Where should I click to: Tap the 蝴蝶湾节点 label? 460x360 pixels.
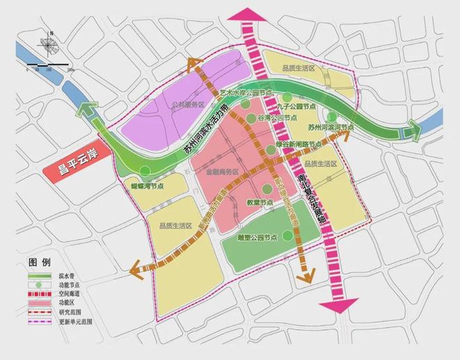pyautogui.click(x=148, y=186)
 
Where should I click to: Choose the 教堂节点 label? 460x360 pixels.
pyautogui.click(x=259, y=202)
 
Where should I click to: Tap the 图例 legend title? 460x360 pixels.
pyautogui.click(x=40, y=262)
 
